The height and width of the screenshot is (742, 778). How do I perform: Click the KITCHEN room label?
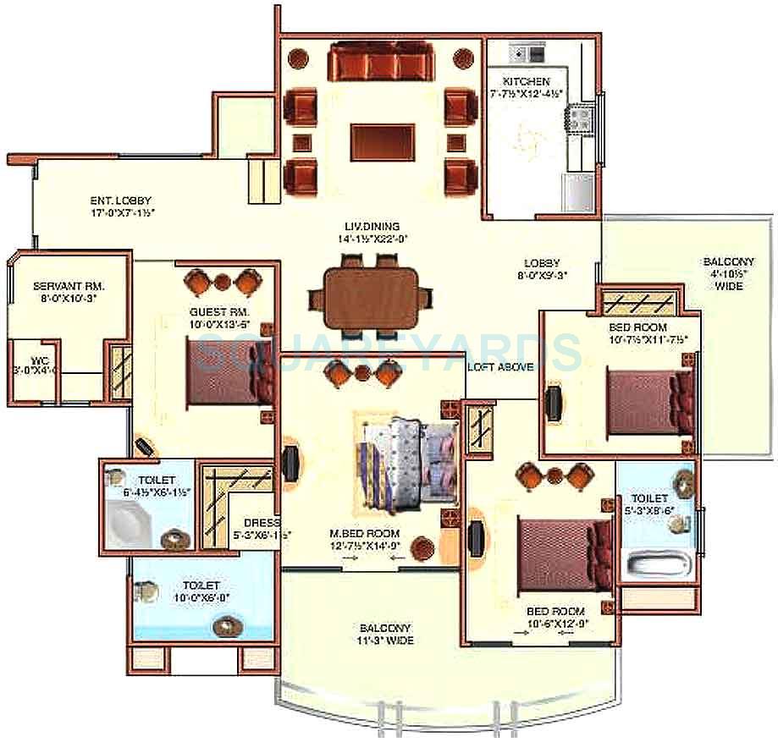525,81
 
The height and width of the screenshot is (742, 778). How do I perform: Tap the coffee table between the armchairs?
383,142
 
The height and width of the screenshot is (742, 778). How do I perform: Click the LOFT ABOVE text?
500,367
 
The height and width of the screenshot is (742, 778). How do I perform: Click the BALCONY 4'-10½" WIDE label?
729,274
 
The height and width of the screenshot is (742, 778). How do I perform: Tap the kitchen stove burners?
581,118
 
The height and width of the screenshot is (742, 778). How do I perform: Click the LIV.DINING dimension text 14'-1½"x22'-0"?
372,239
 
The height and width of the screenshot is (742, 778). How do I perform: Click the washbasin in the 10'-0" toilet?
227,627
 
